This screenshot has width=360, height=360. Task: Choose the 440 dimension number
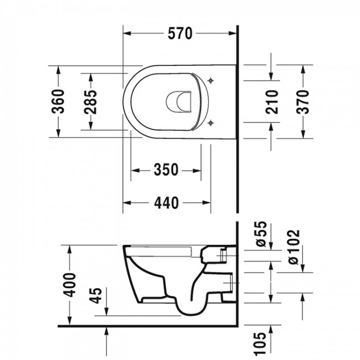click(x=166, y=203)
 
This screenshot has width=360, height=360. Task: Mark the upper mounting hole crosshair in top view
click(x=210, y=82)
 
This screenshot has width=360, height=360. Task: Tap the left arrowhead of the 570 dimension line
click(x=125, y=34)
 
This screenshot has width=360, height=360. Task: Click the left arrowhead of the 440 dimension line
click(x=125, y=203)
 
